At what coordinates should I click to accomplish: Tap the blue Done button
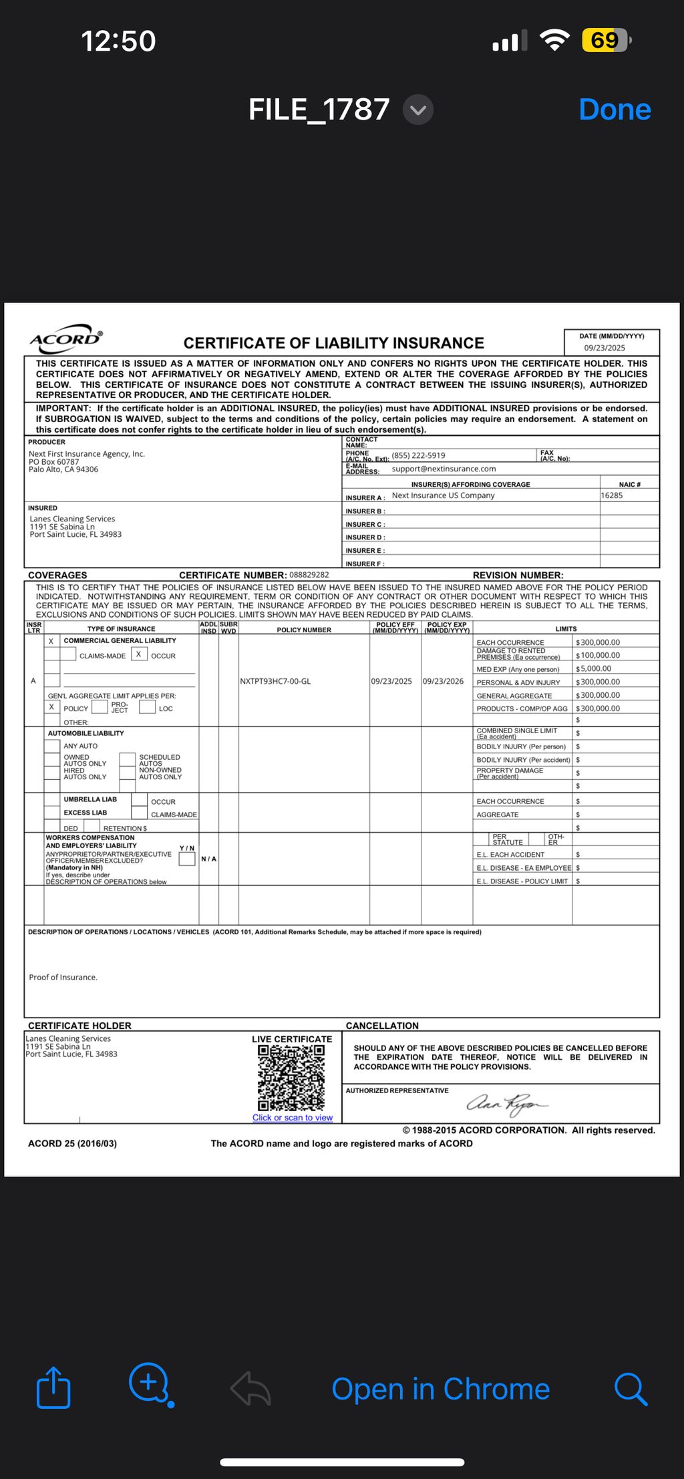coord(615,110)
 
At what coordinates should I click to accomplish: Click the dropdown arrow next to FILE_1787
coord(418,110)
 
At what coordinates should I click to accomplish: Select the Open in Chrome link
coord(440,1389)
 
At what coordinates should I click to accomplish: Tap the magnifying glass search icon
coord(630,1389)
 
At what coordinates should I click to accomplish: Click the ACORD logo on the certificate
coord(66,339)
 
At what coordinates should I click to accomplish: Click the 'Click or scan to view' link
coord(292,1118)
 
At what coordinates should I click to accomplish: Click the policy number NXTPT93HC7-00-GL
coord(275,682)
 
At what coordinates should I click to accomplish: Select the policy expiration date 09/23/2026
coord(443,682)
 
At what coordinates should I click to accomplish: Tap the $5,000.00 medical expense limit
coord(595,668)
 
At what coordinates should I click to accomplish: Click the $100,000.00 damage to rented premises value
coord(599,655)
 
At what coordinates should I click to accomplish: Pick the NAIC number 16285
coord(612,495)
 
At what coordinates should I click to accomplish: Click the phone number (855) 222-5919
coord(418,455)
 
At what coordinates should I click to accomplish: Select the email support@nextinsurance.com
coord(444,469)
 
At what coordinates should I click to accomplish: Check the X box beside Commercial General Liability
coord(51,641)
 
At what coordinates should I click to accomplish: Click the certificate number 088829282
coord(309,575)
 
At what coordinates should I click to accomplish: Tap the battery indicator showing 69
coord(605,41)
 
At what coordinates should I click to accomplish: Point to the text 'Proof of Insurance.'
coord(63,978)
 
